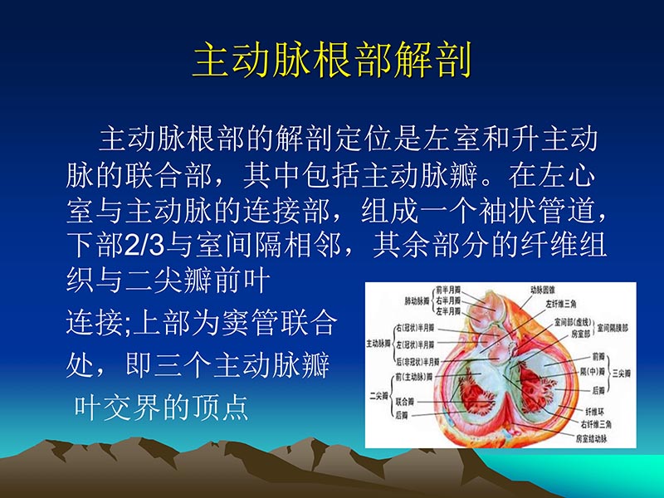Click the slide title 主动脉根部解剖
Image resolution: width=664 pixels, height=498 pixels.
332,61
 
